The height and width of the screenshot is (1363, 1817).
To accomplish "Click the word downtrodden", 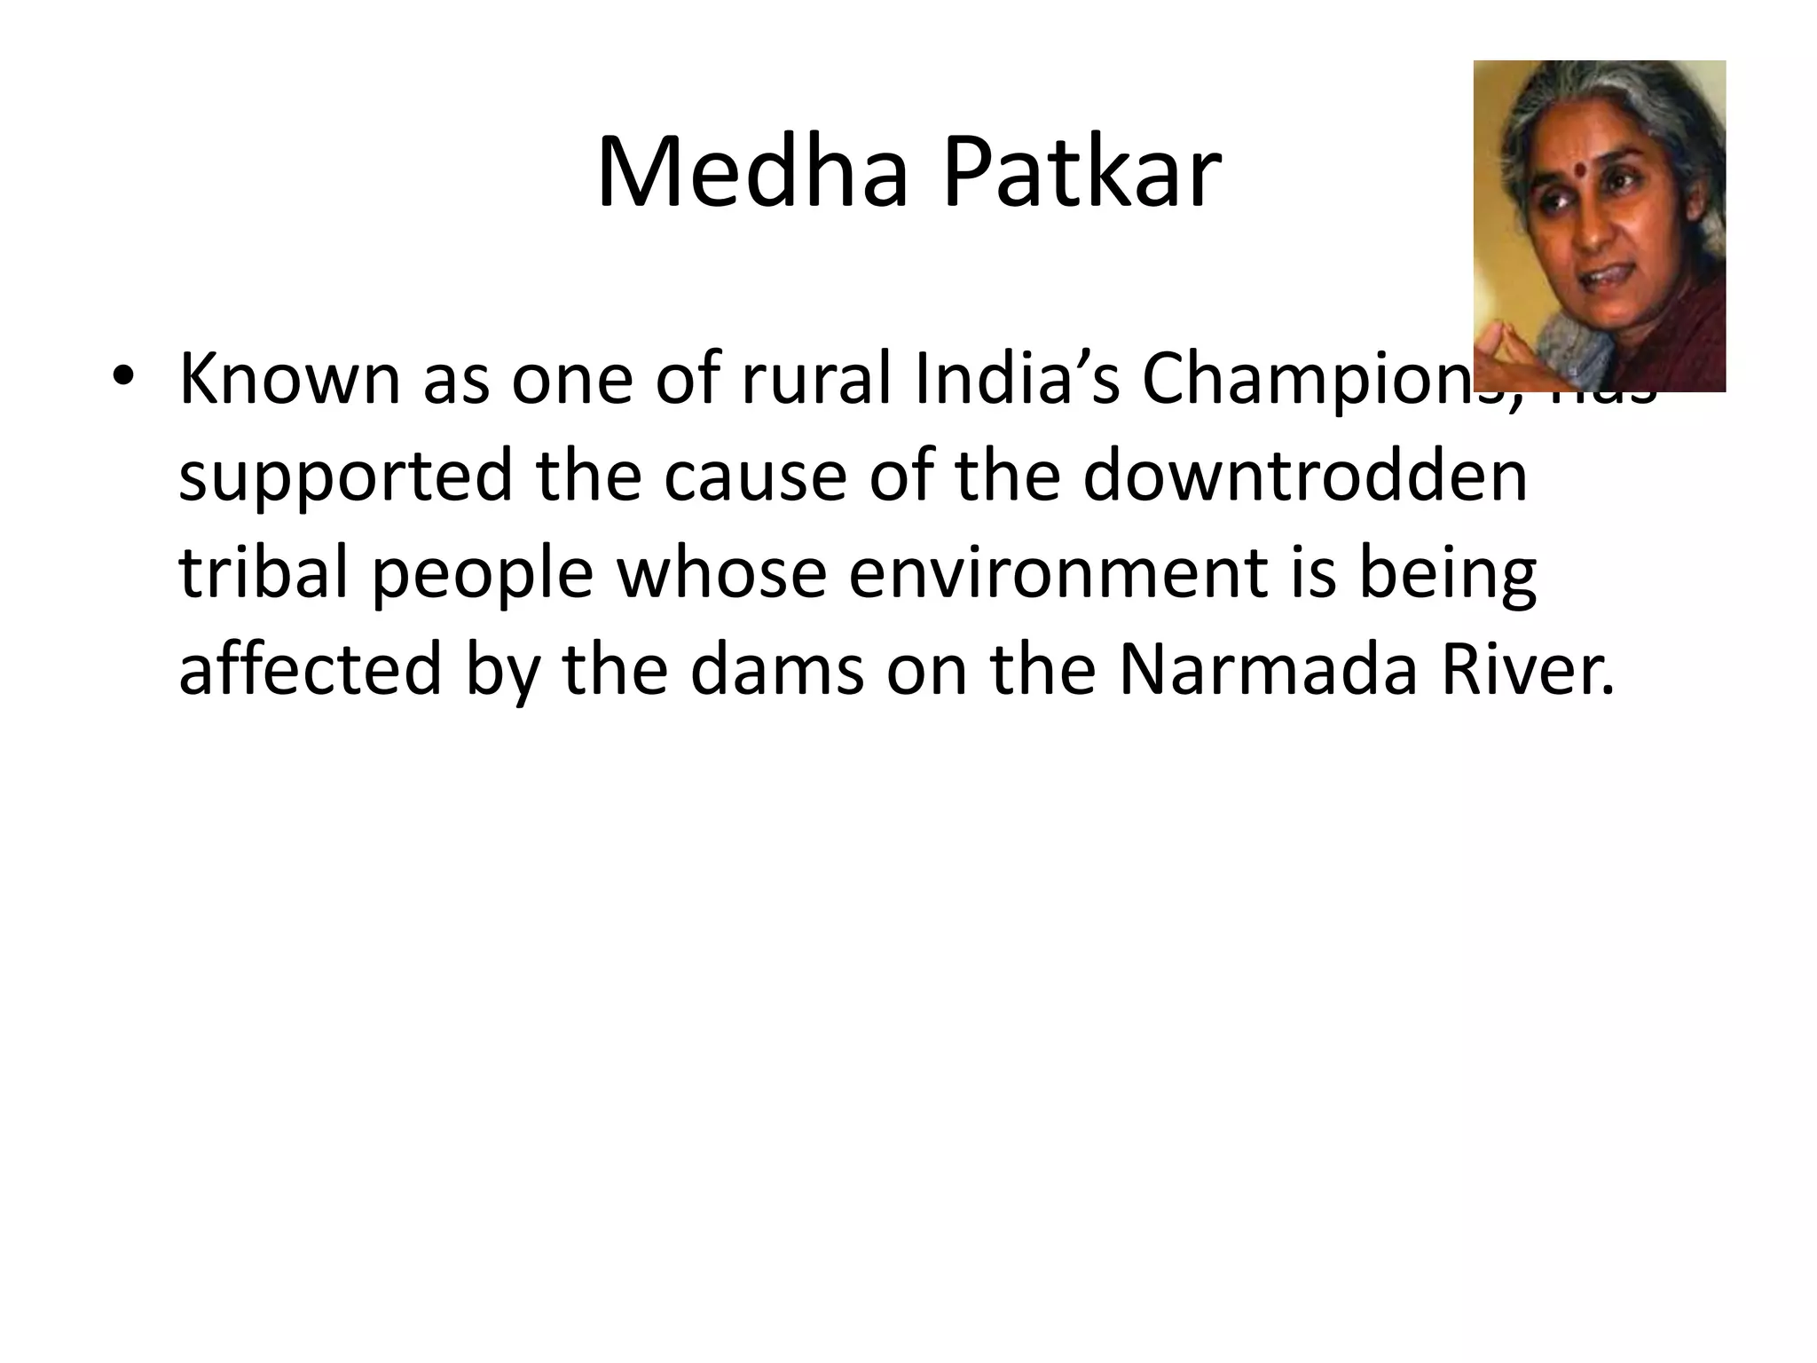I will (x=1305, y=477).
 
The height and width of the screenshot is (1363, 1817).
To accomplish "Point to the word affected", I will (x=310, y=670).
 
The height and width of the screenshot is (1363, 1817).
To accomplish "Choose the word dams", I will (x=776, y=670).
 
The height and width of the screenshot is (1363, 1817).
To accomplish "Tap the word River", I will (x=1526, y=670).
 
